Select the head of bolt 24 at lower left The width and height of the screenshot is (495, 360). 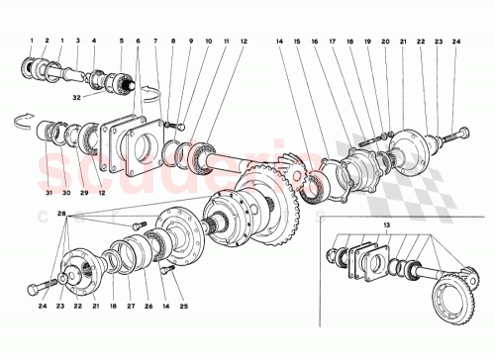point(36,287)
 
